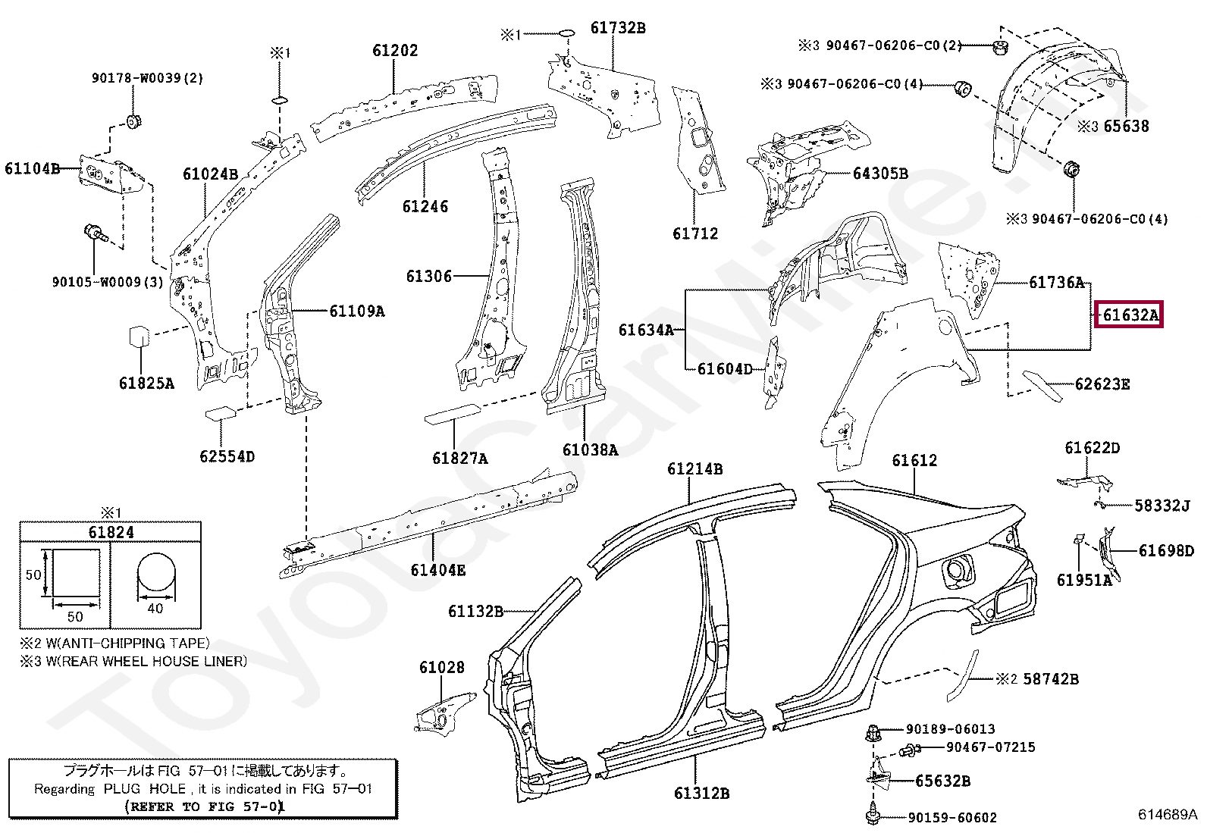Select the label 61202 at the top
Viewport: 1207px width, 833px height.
click(394, 50)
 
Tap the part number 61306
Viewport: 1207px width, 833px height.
click(428, 277)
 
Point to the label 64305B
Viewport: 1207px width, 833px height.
click(879, 174)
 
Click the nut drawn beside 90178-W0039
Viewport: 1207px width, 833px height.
click(135, 121)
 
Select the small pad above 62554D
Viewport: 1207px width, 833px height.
click(221, 413)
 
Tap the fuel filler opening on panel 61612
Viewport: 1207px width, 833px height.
click(958, 571)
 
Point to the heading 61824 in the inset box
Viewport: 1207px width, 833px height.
click(111, 532)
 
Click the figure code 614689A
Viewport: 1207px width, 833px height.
click(1167, 815)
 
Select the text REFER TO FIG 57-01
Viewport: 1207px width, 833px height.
click(204, 806)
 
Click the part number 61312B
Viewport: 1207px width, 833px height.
click(701, 794)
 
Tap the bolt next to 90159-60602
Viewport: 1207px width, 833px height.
click(872, 816)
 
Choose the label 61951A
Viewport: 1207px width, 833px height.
click(1083, 581)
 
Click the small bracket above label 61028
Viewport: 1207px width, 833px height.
click(444, 712)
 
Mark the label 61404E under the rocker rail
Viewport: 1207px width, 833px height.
click(437, 570)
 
